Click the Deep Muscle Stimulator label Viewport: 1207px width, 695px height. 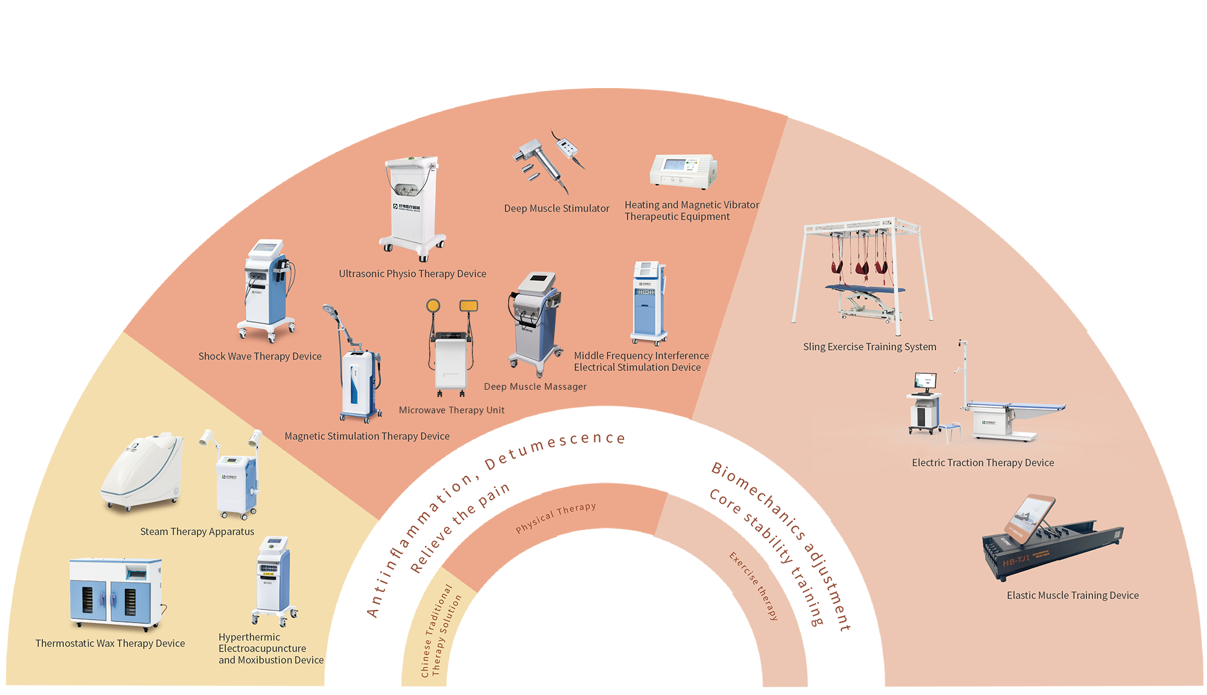tap(556, 209)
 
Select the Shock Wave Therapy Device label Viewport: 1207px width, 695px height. tap(260, 357)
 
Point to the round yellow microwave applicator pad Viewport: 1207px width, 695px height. tap(433, 306)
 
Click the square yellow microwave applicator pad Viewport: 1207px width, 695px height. tap(469, 306)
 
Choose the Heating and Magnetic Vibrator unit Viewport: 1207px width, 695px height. tap(683, 171)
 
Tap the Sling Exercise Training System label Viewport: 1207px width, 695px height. tap(870, 347)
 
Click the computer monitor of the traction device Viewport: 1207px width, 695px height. tap(925, 381)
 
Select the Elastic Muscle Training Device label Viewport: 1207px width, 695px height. tap(1072, 595)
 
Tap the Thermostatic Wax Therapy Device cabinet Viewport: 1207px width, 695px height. tap(115, 594)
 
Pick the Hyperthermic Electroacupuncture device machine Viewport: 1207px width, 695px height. tap(273, 580)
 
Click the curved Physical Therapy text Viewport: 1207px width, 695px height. tap(556, 518)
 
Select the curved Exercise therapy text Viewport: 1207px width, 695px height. tap(754, 586)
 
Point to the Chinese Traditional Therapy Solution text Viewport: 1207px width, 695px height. tap(441, 631)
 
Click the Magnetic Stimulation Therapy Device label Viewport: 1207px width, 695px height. tap(367, 436)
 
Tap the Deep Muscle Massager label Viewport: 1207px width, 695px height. tap(535, 387)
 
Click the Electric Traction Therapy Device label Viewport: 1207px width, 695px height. tap(982, 463)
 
